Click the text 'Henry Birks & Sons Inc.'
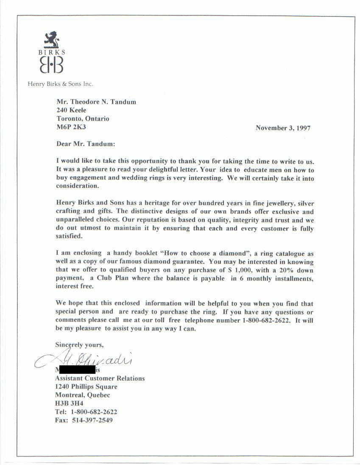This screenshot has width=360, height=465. [x=60, y=84]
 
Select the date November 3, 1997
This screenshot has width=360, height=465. [x=283, y=128]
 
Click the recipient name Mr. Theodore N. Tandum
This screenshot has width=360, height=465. [x=96, y=102]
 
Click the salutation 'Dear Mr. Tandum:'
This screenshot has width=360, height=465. [x=85, y=144]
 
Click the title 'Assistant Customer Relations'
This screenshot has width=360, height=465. [x=100, y=378]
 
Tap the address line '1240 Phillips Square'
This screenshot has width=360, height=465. [x=86, y=387]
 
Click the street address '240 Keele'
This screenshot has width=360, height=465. [x=71, y=110]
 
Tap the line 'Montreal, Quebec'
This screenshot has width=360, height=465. [x=83, y=395]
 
